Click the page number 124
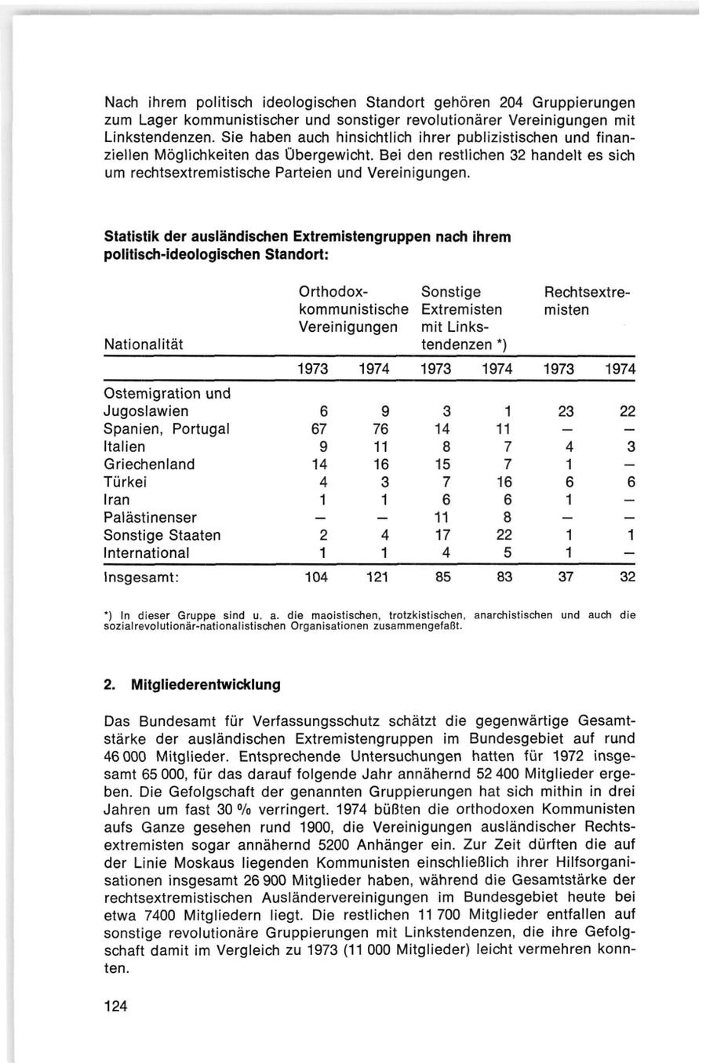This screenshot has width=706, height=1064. tap(115, 1008)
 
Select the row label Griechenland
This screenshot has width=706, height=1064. tap(149, 465)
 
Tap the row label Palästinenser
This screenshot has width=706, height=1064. tap(150, 518)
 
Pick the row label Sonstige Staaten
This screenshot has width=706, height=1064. tap(162, 536)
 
